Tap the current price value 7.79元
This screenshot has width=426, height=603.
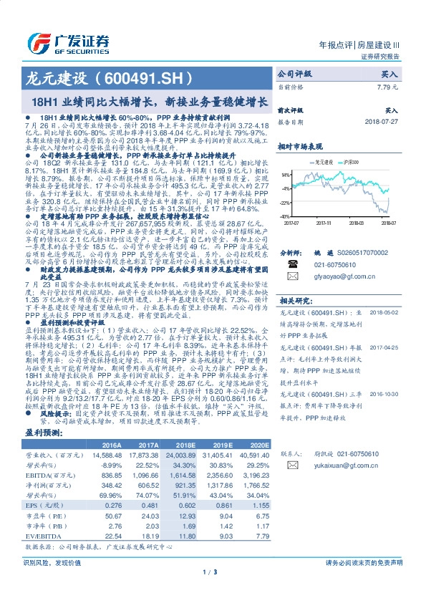click(386, 86)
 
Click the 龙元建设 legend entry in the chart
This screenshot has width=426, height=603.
click(326, 163)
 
